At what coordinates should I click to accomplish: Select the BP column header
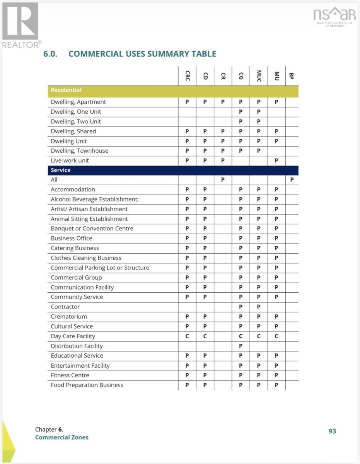pyautogui.click(x=292, y=76)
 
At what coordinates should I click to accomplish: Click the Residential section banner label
pyautogui.click(x=66, y=90)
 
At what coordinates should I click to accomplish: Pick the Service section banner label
pyautogui.click(x=61, y=170)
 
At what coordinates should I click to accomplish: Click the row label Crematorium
pyautogui.click(x=69, y=317)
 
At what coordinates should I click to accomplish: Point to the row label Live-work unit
pyautogui.click(x=70, y=160)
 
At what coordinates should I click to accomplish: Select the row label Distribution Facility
pyautogui.click(x=77, y=346)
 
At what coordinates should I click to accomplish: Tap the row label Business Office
pyautogui.click(x=72, y=238)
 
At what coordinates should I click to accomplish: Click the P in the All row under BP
pyautogui.click(x=292, y=180)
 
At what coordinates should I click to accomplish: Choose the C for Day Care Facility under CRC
pyautogui.click(x=187, y=336)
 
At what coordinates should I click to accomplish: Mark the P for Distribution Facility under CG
pyautogui.click(x=241, y=346)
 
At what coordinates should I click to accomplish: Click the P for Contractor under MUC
pyautogui.click(x=259, y=307)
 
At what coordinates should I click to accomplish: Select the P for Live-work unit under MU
pyautogui.click(x=276, y=160)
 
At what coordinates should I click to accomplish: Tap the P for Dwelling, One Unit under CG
pyautogui.click(x=241, y=112)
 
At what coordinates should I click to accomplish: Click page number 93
pyautogui.click(x=332, y=431)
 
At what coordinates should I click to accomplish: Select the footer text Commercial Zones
pyautogui.click(x=62, y=437)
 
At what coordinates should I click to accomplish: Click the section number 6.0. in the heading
pyautogui.click(x=51, y=54)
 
